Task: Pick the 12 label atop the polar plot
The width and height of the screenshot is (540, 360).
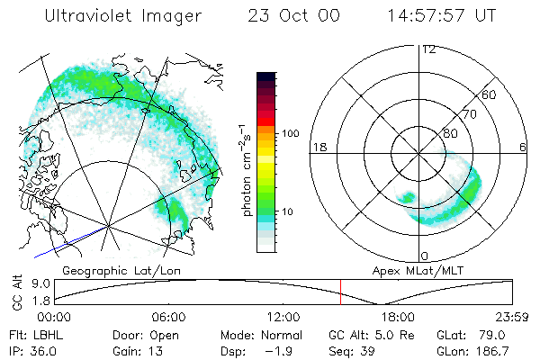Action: point(428,49)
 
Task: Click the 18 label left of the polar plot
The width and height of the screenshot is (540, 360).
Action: point(318,148)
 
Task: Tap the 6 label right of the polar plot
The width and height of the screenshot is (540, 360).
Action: point(523,148)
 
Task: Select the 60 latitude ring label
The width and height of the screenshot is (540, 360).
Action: point(490,95)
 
